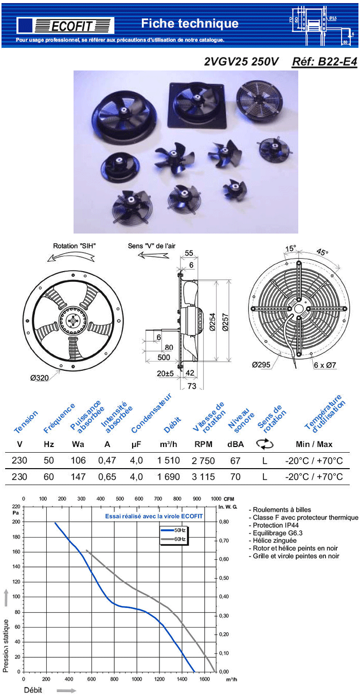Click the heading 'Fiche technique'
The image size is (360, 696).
tap(190, 23)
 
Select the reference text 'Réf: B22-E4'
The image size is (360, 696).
tap(324, 62)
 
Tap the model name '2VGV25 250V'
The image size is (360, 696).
tap(234, 62)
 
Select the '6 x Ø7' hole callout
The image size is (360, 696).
tap(325, 365)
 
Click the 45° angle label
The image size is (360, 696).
tap(322, 253)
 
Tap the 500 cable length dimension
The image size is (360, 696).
tap(164, 357)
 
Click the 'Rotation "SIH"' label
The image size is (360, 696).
tap(74, 246)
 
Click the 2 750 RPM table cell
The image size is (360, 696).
tap(203, 461)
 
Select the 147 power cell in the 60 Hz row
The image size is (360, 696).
tap(78, 477)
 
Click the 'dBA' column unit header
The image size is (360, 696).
tap(236, 444)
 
